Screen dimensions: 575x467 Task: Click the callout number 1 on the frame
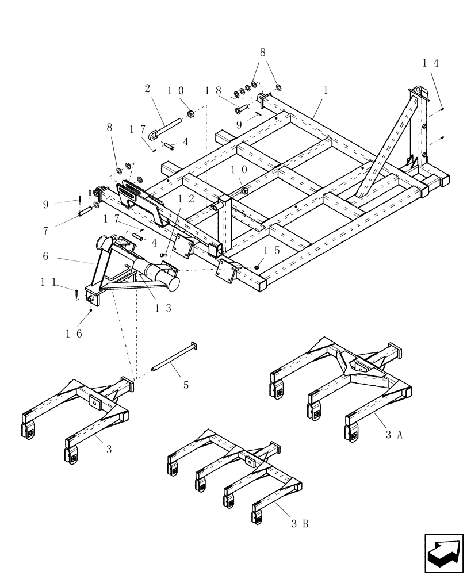tap(326, 90)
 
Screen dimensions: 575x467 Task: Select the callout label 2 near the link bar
tap(147, 89)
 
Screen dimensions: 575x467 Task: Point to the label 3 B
tap(299, 524)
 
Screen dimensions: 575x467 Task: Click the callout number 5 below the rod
tap(186, 385)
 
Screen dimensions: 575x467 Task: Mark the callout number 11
tap(50, 282)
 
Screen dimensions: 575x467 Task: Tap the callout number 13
tap(164, 308)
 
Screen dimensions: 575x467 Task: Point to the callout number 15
tap(271, 251)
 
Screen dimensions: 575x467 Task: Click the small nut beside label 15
tap(257, 267)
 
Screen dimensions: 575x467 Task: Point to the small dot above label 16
tap(91, 311)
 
